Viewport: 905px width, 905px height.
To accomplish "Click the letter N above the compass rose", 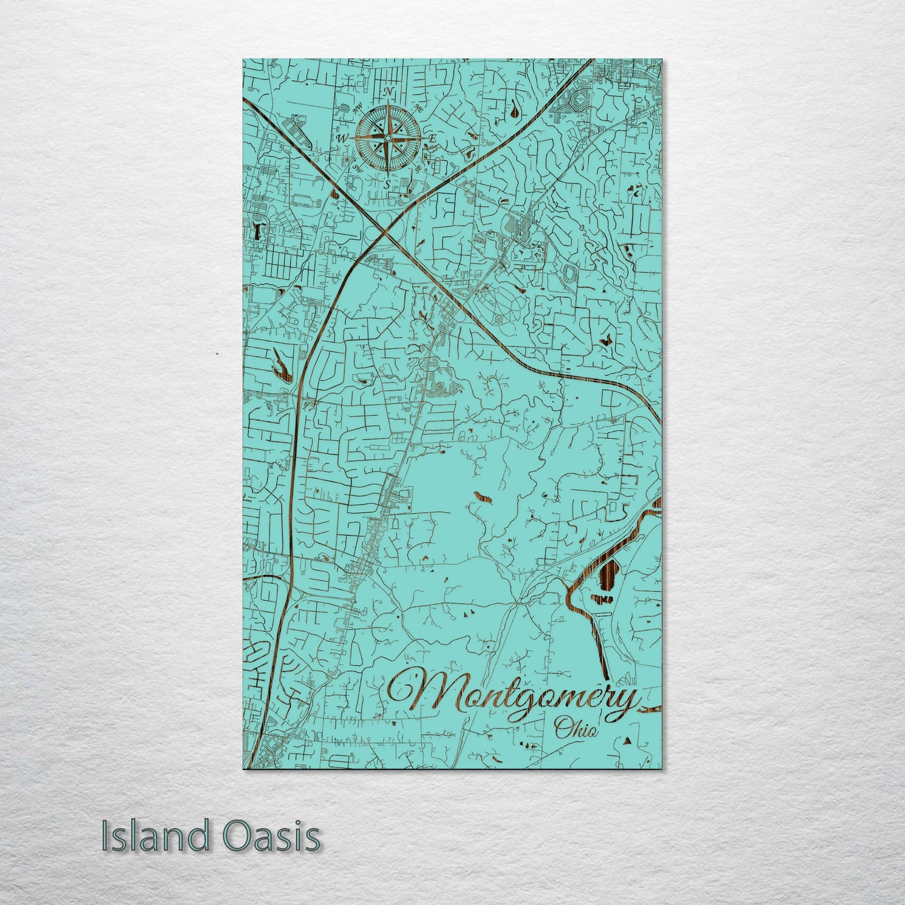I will coord(388,92).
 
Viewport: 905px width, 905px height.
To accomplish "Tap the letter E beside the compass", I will coord(432,138).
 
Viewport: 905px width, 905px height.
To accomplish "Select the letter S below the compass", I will coord(387,184).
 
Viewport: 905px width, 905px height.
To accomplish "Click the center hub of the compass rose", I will coord(387,138).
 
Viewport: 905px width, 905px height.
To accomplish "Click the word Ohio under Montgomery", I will coord(576,729).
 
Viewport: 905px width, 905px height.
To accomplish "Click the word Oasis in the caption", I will coord(271,837).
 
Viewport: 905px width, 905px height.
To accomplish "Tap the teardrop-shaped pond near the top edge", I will coord(514,111).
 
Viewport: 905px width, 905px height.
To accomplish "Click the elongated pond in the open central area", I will coord(482,498).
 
